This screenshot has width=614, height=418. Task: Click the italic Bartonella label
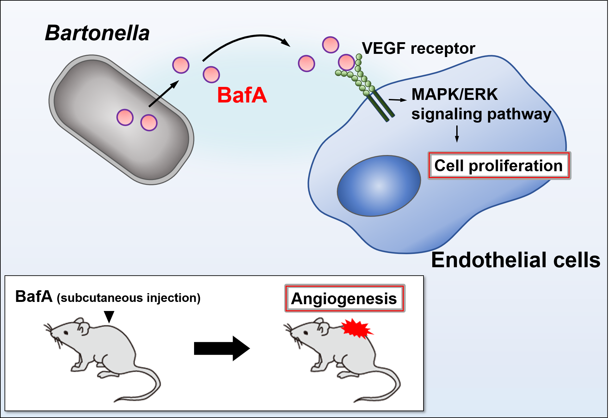pos(97,33)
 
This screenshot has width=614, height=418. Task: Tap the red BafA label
pos(242,95)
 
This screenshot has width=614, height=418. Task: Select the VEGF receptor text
pos(418,48)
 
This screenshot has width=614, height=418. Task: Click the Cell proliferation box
pos(498,166)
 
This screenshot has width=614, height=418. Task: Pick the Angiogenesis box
pos(344,299)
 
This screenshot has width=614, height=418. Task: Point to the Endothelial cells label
pos(516,260)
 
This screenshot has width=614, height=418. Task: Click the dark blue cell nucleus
pos(379,186)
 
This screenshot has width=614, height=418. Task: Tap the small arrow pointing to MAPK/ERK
pos(398,100)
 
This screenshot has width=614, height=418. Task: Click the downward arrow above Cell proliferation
pos(457,134)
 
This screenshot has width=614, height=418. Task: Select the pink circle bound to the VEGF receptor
pos(346,62)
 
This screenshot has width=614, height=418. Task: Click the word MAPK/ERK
pos(454,94)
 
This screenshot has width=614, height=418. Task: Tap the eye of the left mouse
pos(66,333)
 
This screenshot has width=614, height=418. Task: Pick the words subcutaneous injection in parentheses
pos(129,298)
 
